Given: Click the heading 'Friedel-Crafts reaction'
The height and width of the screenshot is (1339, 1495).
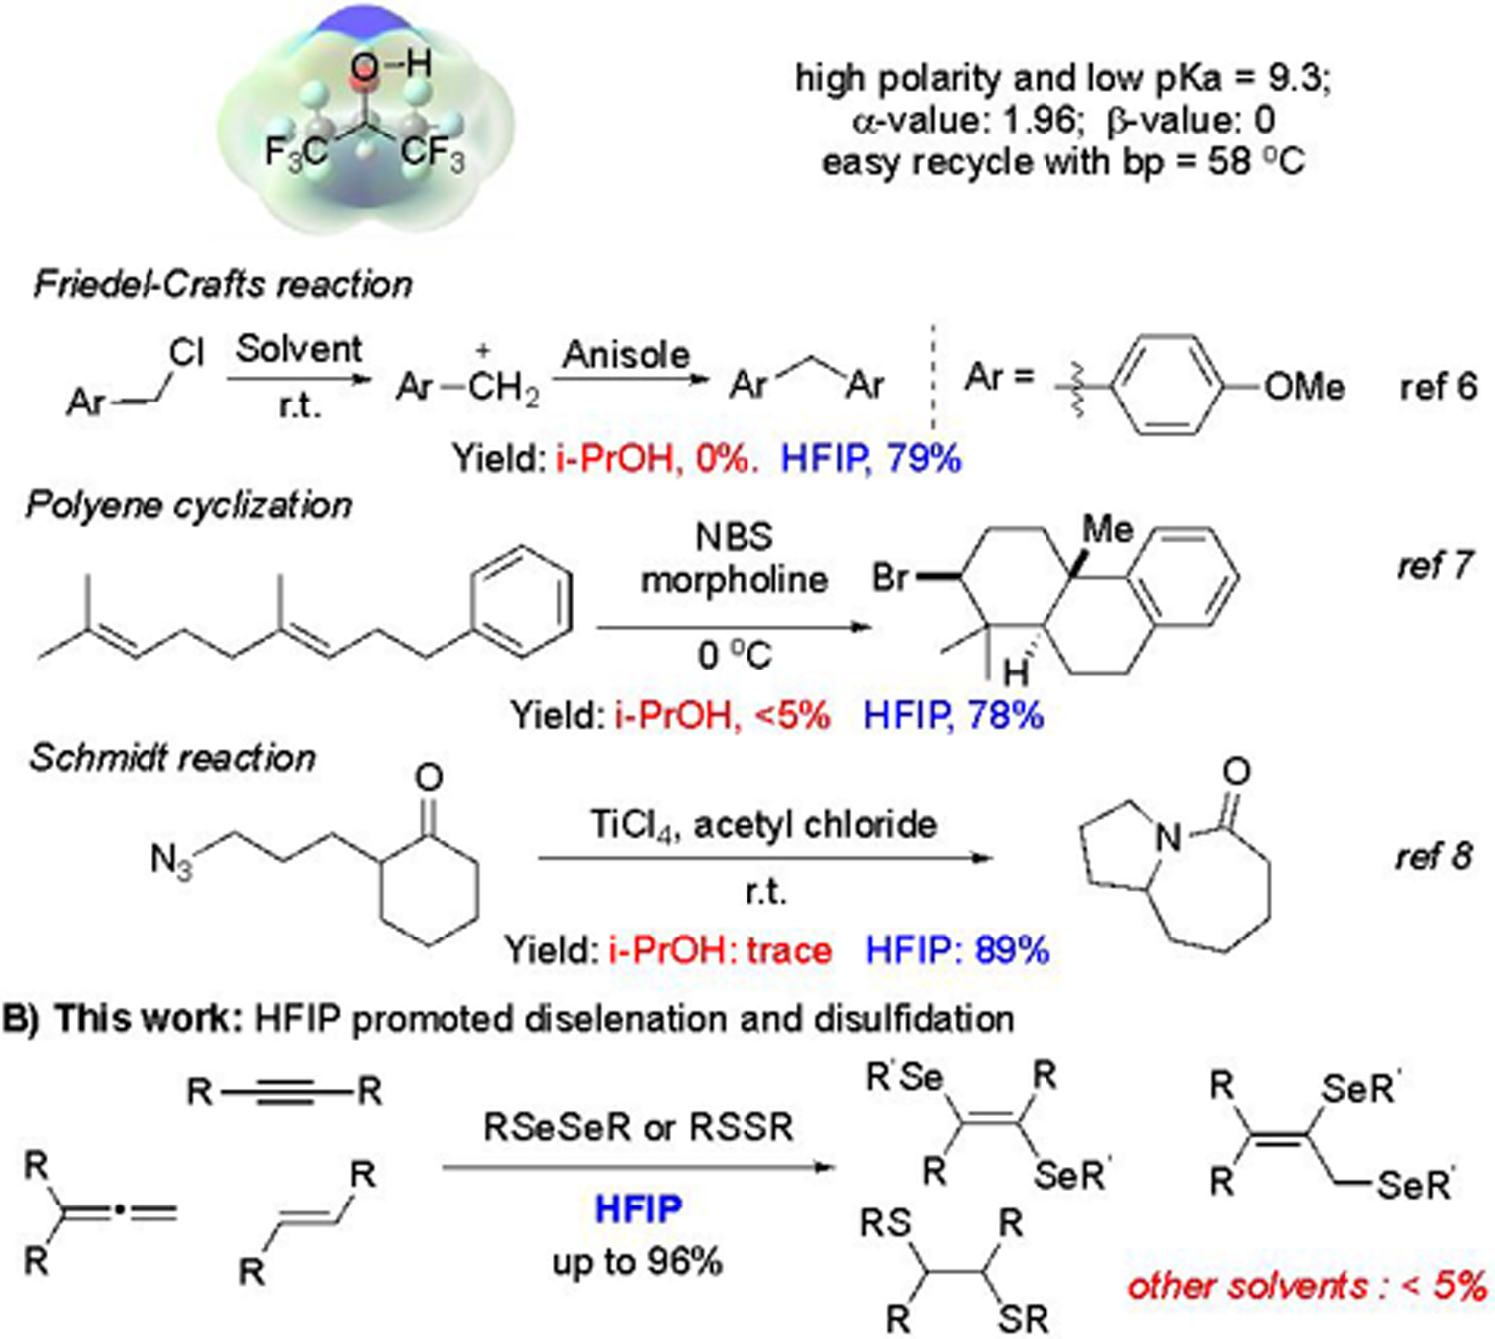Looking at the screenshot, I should (222, 285).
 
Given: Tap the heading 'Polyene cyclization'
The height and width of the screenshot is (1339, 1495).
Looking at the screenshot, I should (188, 505).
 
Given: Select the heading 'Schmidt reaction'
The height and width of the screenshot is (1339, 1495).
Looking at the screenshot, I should (172, 758).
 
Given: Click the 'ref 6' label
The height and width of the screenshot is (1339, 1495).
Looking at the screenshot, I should (1438, 387).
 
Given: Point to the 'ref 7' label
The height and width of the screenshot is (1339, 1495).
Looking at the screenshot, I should (1434, 566).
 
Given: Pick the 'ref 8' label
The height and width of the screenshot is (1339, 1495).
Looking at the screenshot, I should (1433, 856).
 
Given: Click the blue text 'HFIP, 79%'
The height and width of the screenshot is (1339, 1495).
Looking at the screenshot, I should (871, 459).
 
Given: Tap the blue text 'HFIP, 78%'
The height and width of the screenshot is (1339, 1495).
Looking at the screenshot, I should (953, 715).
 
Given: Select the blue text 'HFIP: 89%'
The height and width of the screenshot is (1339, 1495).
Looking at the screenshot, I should (957, 950).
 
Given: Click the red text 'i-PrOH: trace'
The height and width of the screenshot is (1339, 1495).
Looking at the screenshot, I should (720, 950).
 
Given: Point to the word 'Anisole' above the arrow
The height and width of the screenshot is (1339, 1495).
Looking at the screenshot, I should (626, 355).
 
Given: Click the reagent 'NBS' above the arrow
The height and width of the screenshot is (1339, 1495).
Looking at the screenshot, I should (734, 537).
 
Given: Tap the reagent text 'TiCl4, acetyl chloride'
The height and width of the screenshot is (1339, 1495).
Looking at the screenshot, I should (763, 825).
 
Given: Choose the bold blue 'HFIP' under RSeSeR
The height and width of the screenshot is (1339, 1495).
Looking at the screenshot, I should (638, 1209).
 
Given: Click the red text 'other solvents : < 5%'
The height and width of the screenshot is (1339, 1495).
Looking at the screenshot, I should (1307, 1286).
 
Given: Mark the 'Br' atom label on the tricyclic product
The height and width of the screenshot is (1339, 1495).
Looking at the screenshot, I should (890, 577).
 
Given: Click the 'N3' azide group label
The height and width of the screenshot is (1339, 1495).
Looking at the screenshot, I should (172, 860).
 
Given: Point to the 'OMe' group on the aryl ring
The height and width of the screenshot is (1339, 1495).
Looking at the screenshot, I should (1304, 387).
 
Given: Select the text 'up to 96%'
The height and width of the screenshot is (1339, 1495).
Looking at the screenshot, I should (638, 1262).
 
